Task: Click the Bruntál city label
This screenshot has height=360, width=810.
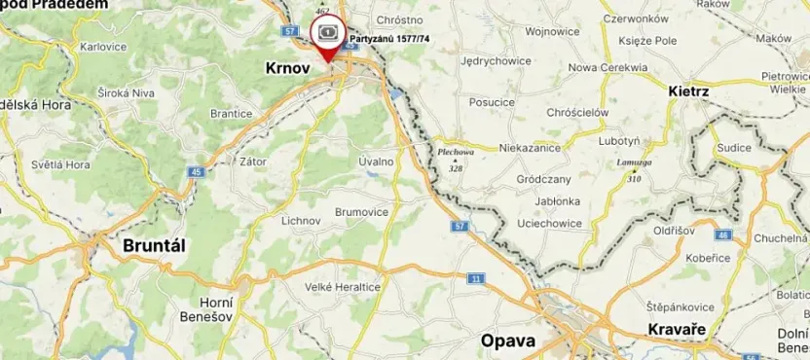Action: pos(154,246)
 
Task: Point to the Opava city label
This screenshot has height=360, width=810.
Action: pos(508,341)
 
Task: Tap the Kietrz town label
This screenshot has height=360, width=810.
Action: pos(689,90)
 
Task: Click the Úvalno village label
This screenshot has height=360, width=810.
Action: pos(376,162)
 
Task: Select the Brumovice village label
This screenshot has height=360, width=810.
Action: pos(362,212)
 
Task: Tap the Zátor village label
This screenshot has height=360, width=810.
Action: pos(254,162)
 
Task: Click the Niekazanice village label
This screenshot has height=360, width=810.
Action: pos(532,149)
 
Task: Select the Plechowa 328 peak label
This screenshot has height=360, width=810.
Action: pos(455,160)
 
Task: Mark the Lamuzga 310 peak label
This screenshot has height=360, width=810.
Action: pos(634,170)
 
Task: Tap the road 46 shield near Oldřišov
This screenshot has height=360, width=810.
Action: pos(722,235)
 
